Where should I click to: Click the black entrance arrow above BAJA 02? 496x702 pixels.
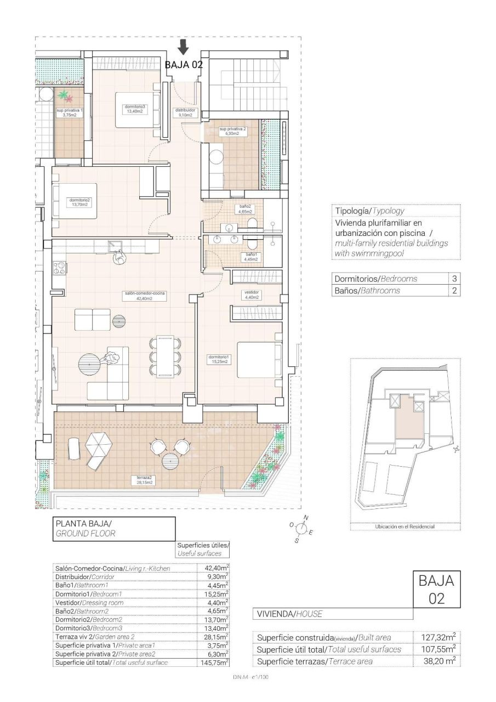tap(184, 47)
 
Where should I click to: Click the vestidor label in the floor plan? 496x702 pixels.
tap(251, 295)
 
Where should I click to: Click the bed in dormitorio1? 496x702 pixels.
tap(259, 362)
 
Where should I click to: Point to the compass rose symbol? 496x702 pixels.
tap(301, 528)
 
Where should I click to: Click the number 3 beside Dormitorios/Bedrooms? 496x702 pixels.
tap(454, 279)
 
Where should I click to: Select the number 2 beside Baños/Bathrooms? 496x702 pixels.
tap(454, 291)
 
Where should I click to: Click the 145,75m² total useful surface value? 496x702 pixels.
tap(213, 663)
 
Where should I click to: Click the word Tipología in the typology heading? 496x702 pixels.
tap(352, 211)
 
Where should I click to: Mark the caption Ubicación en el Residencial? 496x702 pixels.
tap(405, 526)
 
